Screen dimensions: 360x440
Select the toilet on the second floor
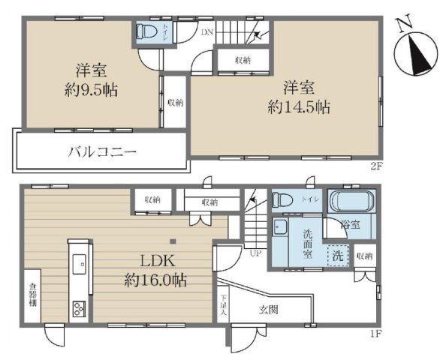pos(146,32)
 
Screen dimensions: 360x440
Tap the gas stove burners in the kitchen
pos(78,307)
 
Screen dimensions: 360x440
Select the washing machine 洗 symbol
pos(338,256)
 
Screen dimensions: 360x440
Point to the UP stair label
pos(256,253)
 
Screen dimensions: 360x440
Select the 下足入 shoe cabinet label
pos(224,306)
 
